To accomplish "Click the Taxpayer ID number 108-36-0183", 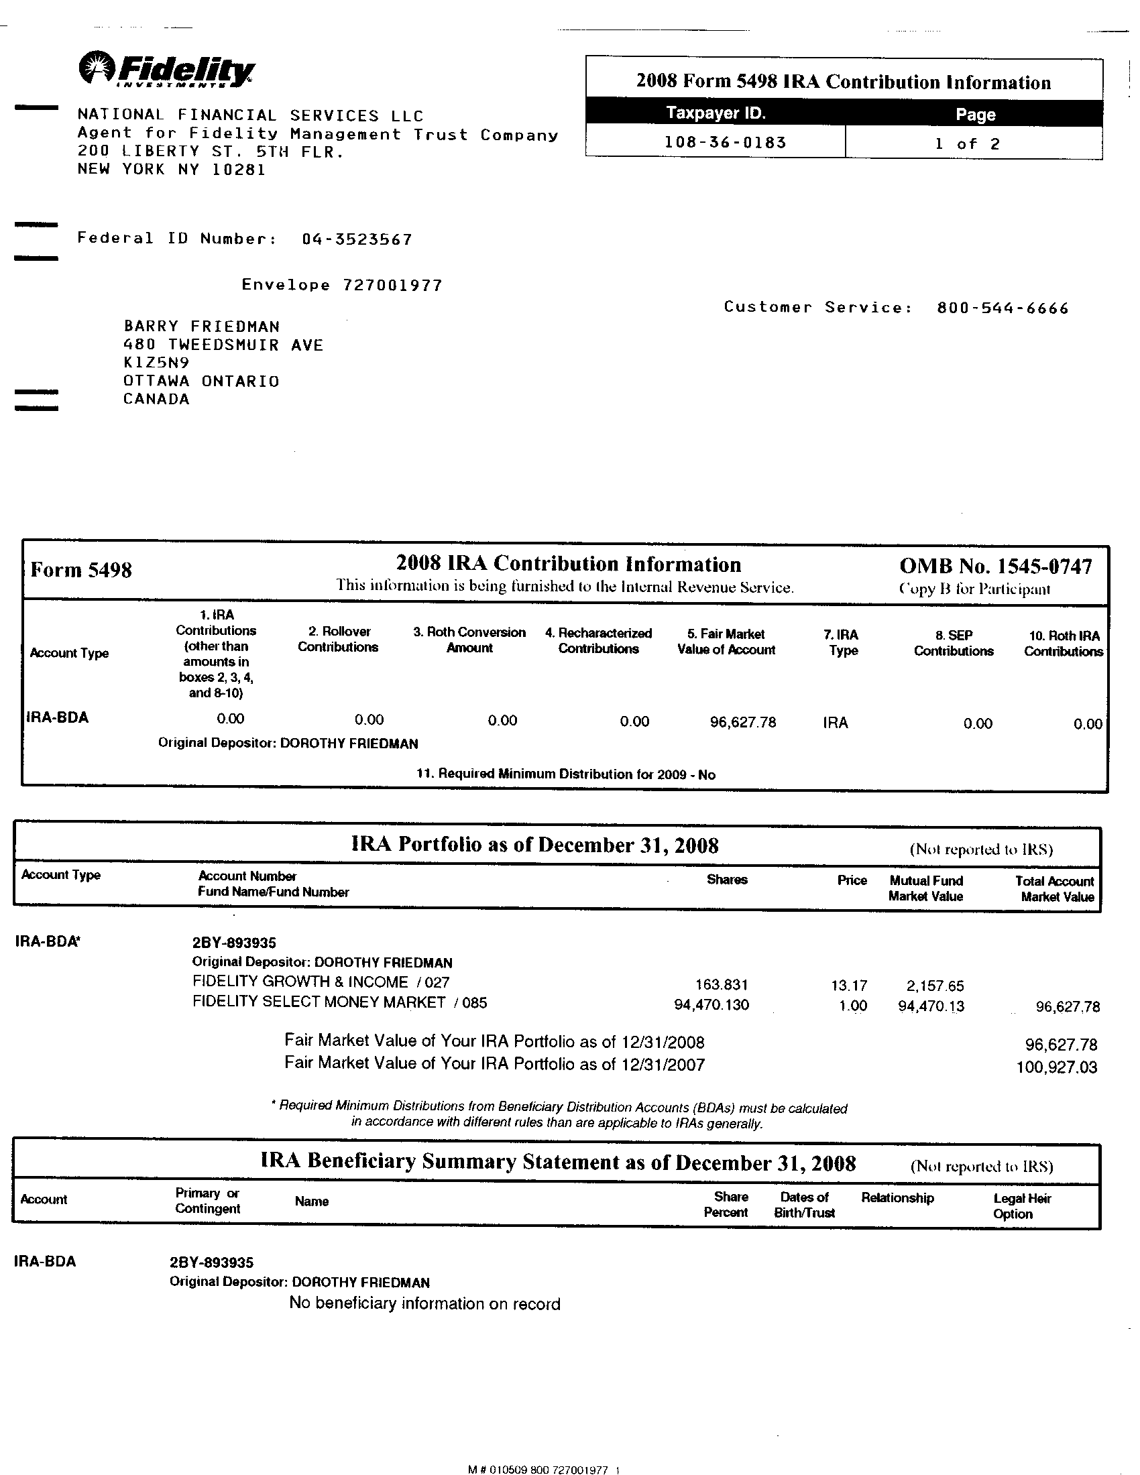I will tap(726, 143).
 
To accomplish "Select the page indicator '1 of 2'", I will tap(967, 144).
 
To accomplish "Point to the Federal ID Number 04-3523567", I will tap(357, 239).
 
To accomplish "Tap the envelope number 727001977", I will tap(392, 285).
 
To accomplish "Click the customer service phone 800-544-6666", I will tap(1003, 308).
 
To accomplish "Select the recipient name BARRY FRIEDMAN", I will tap(201, 327).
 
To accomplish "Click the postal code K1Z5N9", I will tap(156, 363).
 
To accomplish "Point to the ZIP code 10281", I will tap(239, 169).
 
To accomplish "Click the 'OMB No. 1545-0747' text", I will tap(994, 567).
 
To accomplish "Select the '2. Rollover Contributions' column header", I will tap(338, 639).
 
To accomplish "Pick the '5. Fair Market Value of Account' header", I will tap(726, 642).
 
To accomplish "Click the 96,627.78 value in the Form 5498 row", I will tap(743, 722).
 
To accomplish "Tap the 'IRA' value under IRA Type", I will tap(835, 723).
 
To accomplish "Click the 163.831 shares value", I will tap(722, 986).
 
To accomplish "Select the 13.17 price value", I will tap(848, 986).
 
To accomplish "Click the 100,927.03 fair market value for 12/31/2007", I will tap(1056, 1068).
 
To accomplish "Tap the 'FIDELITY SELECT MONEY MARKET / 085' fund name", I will tap(339, 1002).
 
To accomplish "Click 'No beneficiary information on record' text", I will tap(424, 1303).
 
